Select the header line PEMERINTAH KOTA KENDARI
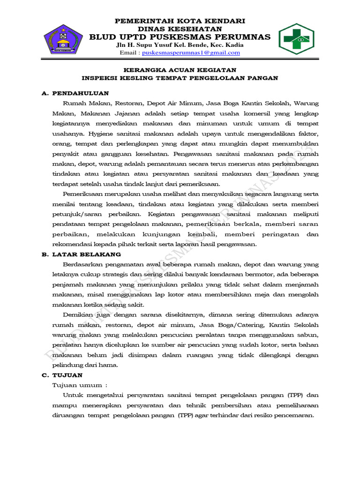pos(180,21)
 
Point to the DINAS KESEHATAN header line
pos(180,29)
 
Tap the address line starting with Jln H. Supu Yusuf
pos(180,45)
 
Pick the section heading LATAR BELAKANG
pos(86,255)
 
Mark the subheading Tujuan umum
pos(78,385)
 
